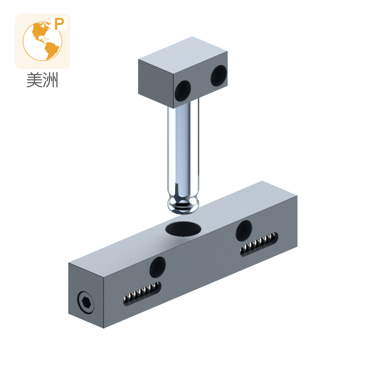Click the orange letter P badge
point(59,24)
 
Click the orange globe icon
point(42,41)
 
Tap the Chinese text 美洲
point(42,80)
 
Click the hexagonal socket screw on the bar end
point(86,302)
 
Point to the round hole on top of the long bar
point(183,229)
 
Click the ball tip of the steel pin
point(183,205)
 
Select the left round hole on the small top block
point(182,91)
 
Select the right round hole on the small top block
point(219,76)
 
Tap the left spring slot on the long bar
point(142,293)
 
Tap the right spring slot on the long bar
point(259,244)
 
